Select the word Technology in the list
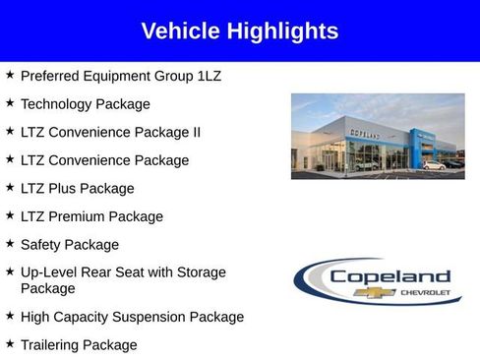(58, 103)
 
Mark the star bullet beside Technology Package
(10, 102)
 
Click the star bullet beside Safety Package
(10, 243)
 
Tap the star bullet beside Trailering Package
(10, 344)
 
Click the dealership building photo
(377, 136)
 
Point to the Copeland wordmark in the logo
(390, 276)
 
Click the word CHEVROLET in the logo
(425, 293)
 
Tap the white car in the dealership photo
(434, 164)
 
